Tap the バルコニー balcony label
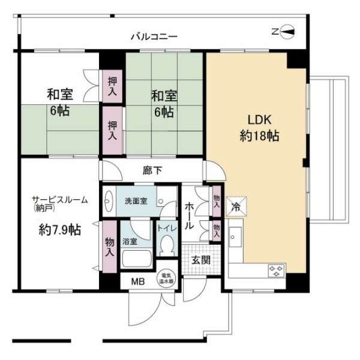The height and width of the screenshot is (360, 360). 154,37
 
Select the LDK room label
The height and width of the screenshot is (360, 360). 259,120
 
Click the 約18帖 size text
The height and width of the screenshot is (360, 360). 259,136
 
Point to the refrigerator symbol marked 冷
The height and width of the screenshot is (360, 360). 236,206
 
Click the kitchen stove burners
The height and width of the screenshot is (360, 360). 276,271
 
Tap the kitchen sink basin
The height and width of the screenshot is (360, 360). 235,237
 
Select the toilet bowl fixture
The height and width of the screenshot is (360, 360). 167,247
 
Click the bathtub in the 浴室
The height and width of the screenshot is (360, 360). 137,259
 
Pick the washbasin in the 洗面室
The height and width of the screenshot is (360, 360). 109,201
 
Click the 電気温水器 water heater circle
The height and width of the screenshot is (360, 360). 166,279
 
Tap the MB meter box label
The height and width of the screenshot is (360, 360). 138,281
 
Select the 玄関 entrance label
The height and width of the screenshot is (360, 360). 201,260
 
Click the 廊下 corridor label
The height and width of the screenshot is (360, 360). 152,170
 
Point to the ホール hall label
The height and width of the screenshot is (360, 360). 190,216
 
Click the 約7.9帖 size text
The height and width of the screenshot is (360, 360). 60,230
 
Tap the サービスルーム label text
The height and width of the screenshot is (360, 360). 60,200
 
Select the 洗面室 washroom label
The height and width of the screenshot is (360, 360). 136,201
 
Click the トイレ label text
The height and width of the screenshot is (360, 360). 167,228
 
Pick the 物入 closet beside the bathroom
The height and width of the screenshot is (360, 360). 110,247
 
